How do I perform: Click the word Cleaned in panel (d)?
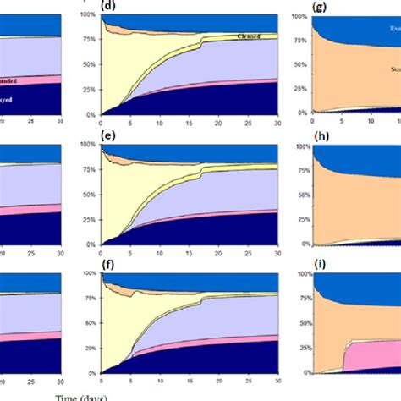pyautogui.click(x=269, y=36)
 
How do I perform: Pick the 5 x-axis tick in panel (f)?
pyautogui.click(x=130, y=382)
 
